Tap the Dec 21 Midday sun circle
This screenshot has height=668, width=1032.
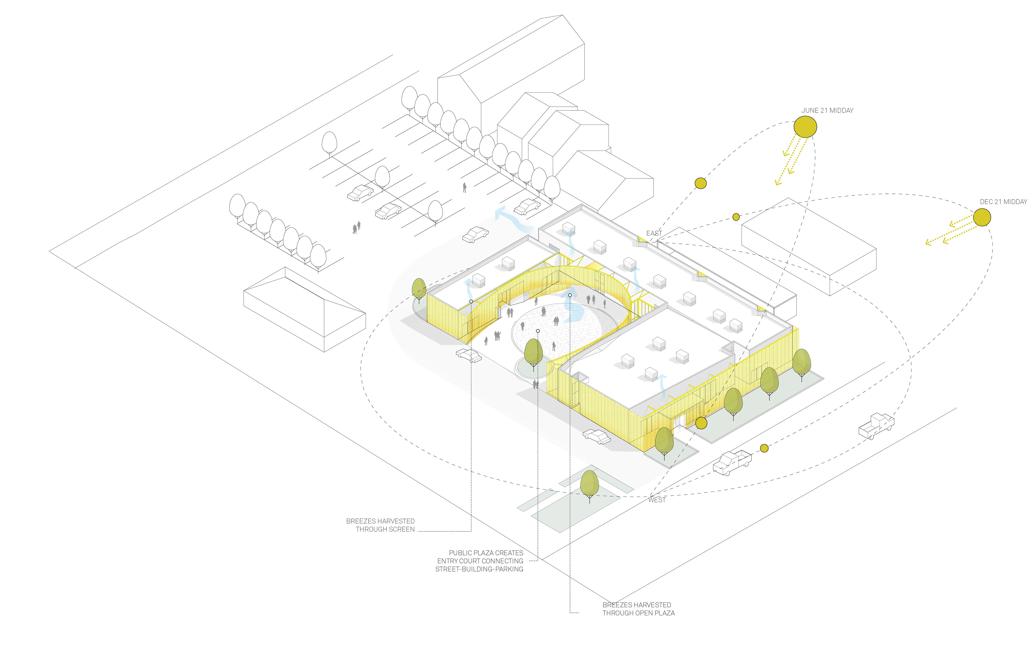coord(982,217)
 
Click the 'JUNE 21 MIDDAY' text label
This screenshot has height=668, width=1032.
coord(827,110)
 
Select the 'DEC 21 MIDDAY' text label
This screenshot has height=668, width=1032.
coord(1003,202)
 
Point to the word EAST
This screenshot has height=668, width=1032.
coord(654,233)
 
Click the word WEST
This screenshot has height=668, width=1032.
coord(657,500)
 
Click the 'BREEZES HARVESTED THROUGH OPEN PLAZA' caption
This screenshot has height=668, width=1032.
coord(638,609)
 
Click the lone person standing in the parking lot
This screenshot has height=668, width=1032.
coord(464,187)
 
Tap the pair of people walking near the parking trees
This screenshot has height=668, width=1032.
coord(356,227)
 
